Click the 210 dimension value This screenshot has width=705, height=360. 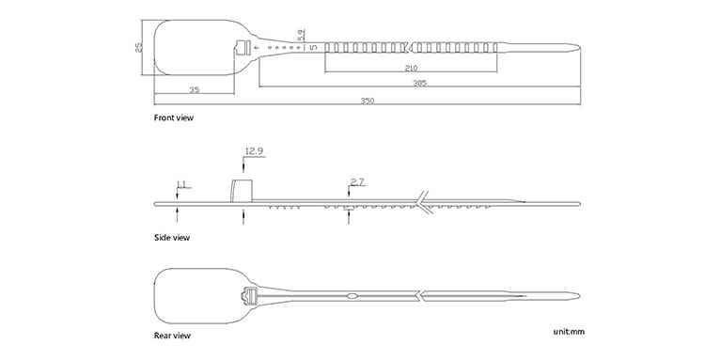point(411,69)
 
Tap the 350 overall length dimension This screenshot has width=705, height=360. point(368,101)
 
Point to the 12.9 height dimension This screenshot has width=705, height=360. point(254,151)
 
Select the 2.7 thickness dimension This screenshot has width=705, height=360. point(357,182)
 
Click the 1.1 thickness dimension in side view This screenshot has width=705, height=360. point(181,184)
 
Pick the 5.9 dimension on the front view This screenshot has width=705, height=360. point(301,34)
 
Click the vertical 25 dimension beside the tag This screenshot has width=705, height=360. point(139,47)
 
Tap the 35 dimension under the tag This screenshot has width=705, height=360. point(194,90)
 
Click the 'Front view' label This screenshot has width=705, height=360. point(174,117)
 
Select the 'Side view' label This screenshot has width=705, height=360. point(172,237)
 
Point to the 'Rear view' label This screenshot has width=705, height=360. point(172,336)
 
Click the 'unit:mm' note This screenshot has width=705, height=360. point(569,332)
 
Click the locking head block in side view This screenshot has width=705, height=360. point(242,191)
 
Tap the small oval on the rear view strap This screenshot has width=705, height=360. point(352,296)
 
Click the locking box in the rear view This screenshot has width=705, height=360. point(249,296)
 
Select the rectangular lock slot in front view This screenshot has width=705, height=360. point(243,47)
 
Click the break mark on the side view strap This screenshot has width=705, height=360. point(423,203)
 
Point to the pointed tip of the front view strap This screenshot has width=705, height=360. point(579,47)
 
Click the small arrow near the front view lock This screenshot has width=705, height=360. point(257,47)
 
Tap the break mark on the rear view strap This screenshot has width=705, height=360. point(419,296)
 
